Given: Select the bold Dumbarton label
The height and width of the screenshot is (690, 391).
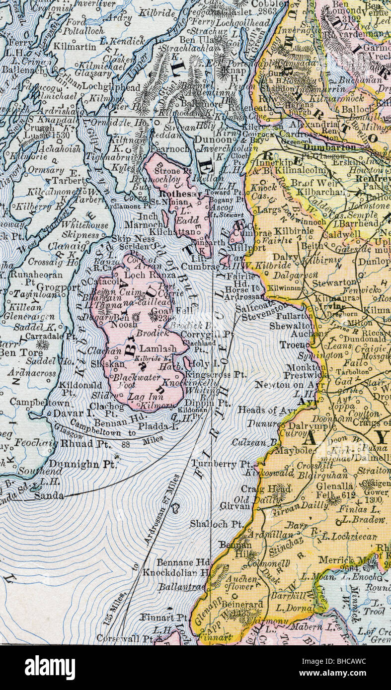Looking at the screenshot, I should click(x=329, y=147).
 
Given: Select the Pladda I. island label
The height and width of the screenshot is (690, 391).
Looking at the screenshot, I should click(x=161, y=426).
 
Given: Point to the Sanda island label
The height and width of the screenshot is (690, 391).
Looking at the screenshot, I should click(x=49, y=495).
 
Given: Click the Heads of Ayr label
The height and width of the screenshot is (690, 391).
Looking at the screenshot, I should click(x=263, y=410).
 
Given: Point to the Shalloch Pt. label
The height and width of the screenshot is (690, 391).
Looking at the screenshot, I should click(x=216, y=524).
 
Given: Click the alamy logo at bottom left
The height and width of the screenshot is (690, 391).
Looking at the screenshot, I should click(x=50, y=668).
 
